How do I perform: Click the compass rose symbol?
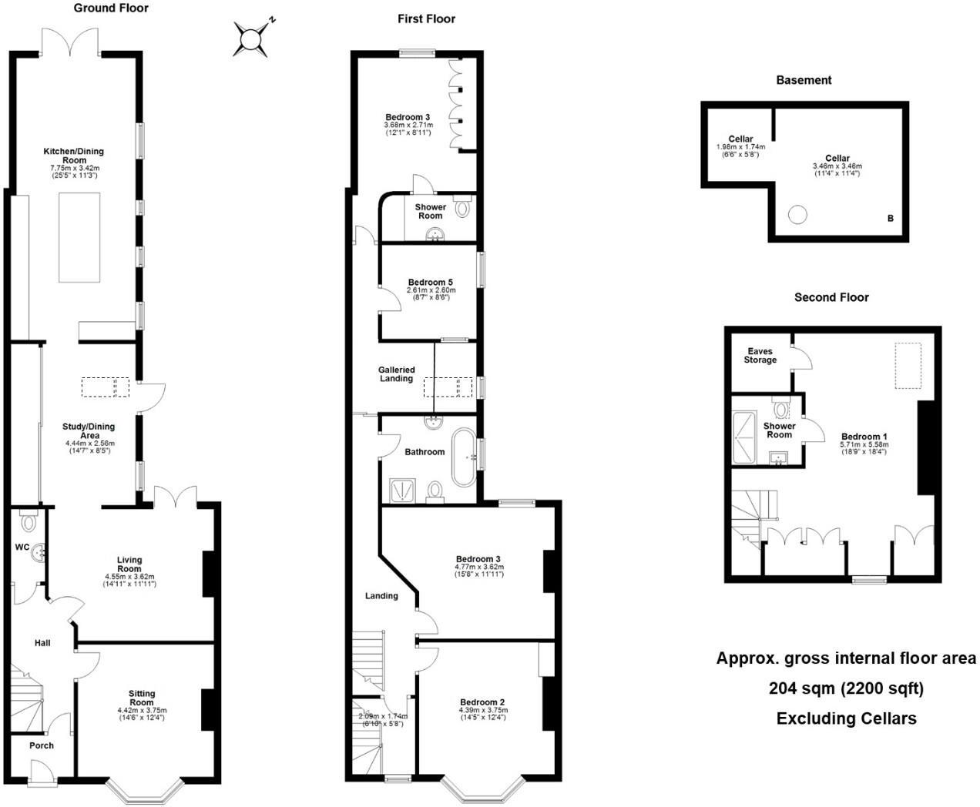251,39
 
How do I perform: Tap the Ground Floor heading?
111,8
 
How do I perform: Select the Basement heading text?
804,80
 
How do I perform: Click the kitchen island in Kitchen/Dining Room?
80,238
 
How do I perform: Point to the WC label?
22,547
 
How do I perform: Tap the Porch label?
42,745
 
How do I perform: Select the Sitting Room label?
141,698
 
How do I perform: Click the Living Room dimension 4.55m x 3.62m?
129,576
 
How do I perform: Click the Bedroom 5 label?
431,283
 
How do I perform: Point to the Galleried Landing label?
396,374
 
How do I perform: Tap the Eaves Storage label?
760,356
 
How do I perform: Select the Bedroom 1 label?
864,437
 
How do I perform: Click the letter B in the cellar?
890,219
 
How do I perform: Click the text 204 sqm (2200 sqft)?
846,688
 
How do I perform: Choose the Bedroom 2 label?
482,702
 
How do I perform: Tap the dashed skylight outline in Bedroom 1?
908,367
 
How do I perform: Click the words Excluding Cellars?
846,719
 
